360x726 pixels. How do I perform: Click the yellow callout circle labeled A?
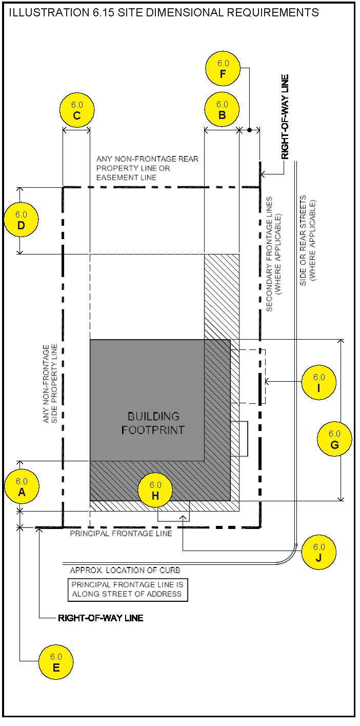(x=22, y=487)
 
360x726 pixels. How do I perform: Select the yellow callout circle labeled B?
(x=222, y=110)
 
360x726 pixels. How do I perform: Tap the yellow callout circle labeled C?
(x=77, y=110)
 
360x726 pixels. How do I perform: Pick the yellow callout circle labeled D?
(x=21, y=220)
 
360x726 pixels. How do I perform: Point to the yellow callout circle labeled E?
(x=56, y=662)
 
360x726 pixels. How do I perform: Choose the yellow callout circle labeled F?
(x=223, y=68)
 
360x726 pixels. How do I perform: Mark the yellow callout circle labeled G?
(x=334, y=439)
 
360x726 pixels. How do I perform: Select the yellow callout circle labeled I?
(x=319, y=382)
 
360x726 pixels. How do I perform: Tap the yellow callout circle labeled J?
(x=319, y=552)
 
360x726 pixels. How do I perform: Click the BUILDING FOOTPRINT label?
(x=153, y=423)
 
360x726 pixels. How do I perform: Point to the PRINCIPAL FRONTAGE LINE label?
(x=121, y=534)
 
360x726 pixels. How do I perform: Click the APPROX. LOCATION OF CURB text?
(x=125, y=570)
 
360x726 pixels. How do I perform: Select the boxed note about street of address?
(x=128, y=590)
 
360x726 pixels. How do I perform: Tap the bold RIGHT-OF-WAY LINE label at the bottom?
(x=101, y=618)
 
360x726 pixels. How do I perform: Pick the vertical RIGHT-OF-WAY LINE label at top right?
(x=285, y=117)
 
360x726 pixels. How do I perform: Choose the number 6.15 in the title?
(x=103, y=13)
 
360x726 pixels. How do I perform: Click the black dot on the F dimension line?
(x=250, y=130)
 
